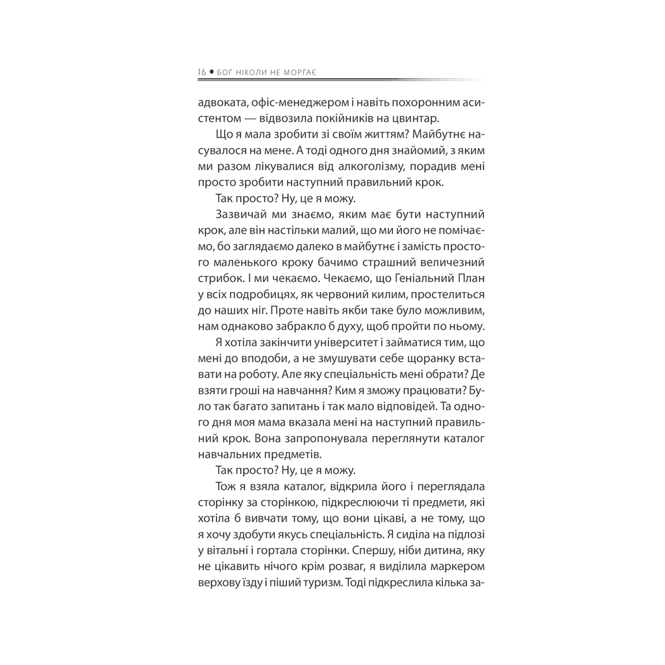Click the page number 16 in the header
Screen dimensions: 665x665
pos(201,72)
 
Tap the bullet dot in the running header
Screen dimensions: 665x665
pos(211,72)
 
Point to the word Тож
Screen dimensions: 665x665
pos(223,487)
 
